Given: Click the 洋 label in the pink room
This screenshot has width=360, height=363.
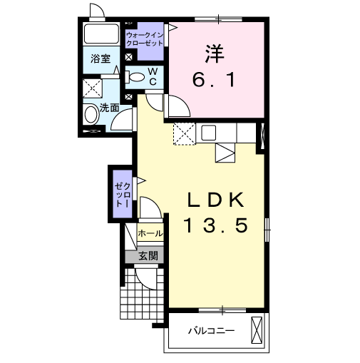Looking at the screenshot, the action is [x=215, y=53].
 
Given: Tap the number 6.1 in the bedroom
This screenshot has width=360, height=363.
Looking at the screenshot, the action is [x=214, y=80].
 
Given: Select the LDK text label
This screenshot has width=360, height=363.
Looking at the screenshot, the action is [x=216, y=200].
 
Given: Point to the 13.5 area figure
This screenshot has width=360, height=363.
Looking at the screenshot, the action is [x=216, y=225].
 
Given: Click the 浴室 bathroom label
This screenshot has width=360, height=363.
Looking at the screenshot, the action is [x=101, y=58].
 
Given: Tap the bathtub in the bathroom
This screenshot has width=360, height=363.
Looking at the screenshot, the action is [x=101, y=34].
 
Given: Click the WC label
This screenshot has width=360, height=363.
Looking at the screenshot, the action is [x=153, y=76].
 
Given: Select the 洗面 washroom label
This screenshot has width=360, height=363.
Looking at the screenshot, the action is [x=109, y=108].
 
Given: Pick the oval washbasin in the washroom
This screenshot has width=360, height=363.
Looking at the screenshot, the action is [x=91, y=115].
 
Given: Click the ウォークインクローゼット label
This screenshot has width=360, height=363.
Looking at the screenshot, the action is [x=145, y=39].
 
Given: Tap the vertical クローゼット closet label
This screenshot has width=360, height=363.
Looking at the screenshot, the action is [x=123, y=194].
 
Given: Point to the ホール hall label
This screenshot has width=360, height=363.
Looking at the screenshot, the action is [x=150, y=233].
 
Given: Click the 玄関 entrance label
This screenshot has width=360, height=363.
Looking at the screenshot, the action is [x=148, y=256].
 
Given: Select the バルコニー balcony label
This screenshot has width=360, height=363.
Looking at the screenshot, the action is [x=212, y=331].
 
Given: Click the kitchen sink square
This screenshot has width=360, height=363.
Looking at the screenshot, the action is [x=209, y=133].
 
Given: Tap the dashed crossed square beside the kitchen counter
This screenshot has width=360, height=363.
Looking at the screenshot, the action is [x=185, y=134].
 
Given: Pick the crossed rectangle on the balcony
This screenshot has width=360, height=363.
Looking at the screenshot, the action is [x=257, y=330].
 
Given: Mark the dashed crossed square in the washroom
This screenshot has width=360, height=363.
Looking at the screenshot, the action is [x=93, y=88].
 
